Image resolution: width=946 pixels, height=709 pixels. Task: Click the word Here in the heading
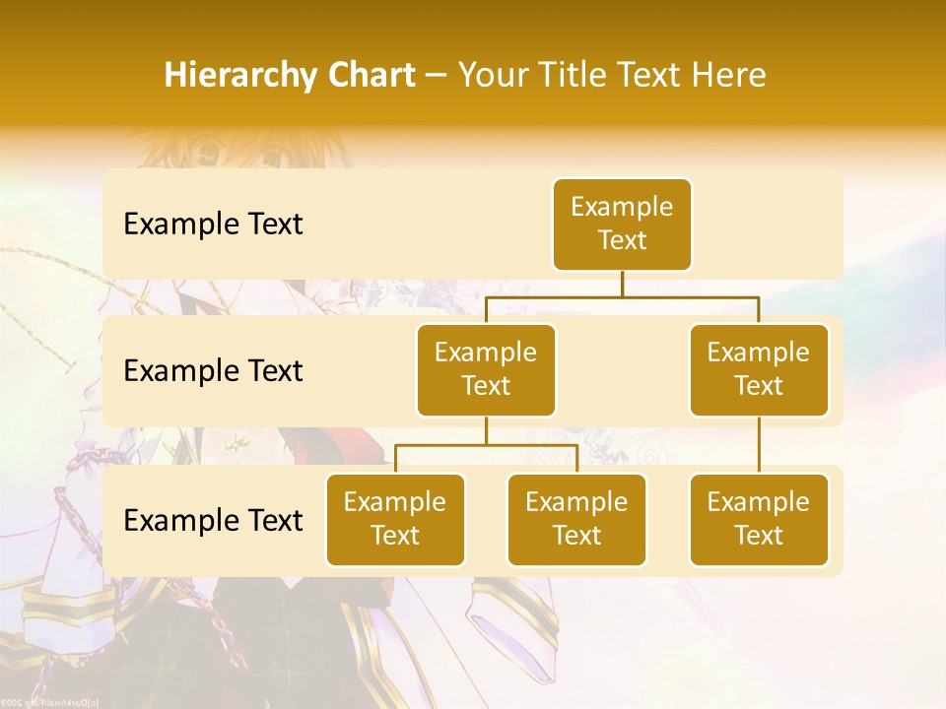(726, 75)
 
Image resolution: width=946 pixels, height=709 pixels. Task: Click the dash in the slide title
(437, 76)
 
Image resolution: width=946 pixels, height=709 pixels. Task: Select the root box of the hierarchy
(622, 224)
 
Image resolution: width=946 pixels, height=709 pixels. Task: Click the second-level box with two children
(486, 369)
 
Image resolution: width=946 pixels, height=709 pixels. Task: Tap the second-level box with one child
(759, 369)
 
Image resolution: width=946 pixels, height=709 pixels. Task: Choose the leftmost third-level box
(395, 519)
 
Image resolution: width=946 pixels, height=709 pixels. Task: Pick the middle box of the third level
(576, 519)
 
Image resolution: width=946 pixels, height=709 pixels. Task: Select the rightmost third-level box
(759, 519)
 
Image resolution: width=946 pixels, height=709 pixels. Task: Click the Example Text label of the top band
(213, 225)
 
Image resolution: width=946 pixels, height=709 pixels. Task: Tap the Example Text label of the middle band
(213, 371)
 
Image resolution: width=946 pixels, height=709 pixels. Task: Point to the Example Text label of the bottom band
(213, 520)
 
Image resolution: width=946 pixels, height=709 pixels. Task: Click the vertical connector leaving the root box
(622, 284)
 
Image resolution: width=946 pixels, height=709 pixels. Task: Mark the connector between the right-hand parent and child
(759, 445)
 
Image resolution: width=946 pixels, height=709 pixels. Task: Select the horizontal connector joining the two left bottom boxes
(486, 445)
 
